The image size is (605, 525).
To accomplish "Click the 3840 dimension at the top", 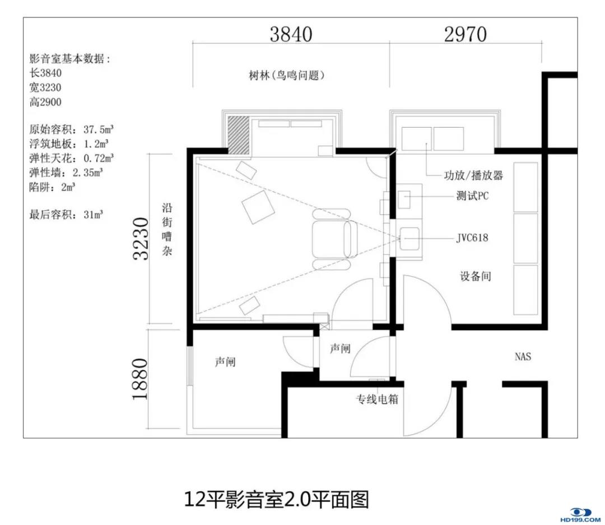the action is pyautogui.click(x=291, y=34).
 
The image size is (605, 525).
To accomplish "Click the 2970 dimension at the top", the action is pyautogui.click(x=466, y=34).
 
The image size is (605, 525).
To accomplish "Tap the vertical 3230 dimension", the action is pyautogui.click(x=141, y=239).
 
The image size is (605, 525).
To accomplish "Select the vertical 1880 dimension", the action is pyautogui.click(x=140, y=379).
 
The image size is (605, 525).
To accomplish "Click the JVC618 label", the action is pyautogui.click(x=472, y=238).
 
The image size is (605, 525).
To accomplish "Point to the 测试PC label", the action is pyautogui.click(x=472, y=196).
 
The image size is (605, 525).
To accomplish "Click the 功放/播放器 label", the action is pyautogui.click(x=473, y=175).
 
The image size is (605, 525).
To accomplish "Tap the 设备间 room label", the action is pyautogui.click(x=476, y=276).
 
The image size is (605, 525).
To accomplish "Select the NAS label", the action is pyautogui.click(x=523, y=356).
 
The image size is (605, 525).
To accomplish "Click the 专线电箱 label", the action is pyautogui.click(x=377, y=399).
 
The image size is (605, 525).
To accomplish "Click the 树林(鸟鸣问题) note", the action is pyautogui.click(x=286, y=75).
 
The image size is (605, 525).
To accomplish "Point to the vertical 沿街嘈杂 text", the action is pyautogui.click(x=167, y=229).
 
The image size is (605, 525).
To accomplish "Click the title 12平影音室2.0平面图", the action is pyautogui.click(x=276, y=499).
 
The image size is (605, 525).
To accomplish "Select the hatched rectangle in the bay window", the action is pyautogui.click(x=239, y=135).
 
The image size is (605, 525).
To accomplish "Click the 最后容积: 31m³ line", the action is pyautogui.click(x=66, y=214).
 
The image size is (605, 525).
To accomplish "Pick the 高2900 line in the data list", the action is pyautogui.click(x=45, y=102).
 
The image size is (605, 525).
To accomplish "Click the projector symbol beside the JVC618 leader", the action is pyautogui.click(x=409, y=239).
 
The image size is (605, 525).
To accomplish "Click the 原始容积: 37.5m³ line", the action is pyautogui.click(x=72, y=129).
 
